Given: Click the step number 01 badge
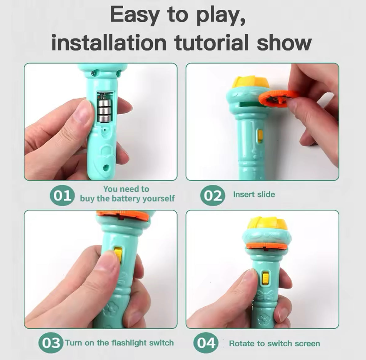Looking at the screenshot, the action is point(62,195).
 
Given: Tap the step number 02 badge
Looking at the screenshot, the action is point(213,195).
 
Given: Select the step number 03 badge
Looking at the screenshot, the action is point(51,343).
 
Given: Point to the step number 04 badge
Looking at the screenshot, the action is point(206,343).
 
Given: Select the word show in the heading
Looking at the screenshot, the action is point(284,43).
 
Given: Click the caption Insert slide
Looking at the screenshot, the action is point(254,194).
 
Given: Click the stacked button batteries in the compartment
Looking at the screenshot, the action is point(104,111).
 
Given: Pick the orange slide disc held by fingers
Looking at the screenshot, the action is point(278,99).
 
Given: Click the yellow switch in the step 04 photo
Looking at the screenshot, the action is point(266,278).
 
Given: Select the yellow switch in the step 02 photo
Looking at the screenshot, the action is point(260,136).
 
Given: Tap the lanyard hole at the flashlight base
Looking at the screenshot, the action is point(106,167).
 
